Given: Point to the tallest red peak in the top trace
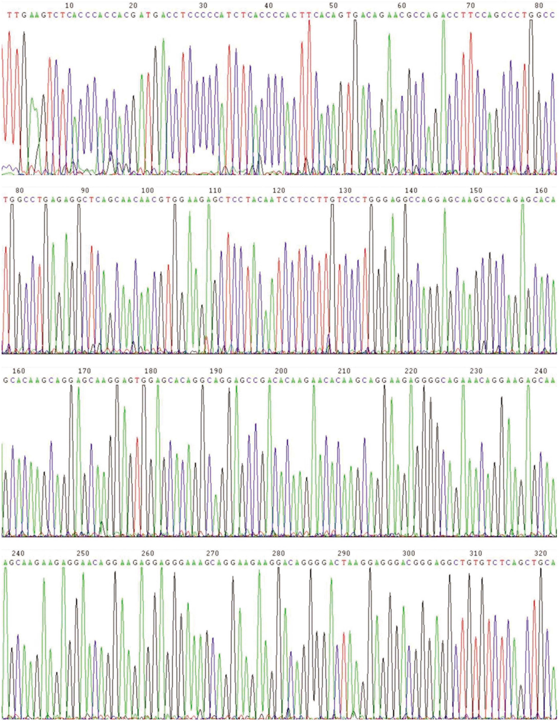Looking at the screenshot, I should pyautogui.click(x=309, y=22).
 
